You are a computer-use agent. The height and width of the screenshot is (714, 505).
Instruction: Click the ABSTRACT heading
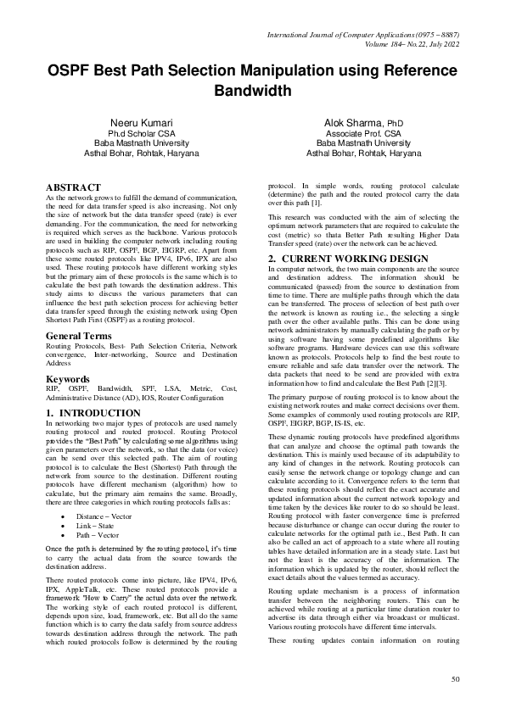[73, 187]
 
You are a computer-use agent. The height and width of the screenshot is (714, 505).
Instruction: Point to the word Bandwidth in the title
[252, 90]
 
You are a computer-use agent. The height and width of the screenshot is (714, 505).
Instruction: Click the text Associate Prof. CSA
[363, 134]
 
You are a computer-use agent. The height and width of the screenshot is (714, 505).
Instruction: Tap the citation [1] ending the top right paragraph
[314, 204]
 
